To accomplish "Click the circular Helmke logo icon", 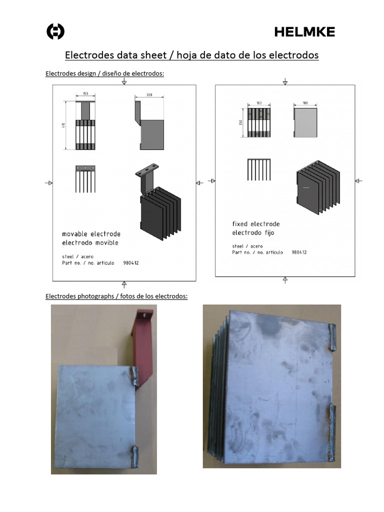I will (x=55, y=32).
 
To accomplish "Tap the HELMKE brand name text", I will (x=304, y=32).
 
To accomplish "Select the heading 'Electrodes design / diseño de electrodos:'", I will (x=104, y=74).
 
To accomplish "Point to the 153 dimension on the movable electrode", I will (x=85, y=93).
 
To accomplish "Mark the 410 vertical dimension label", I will (x=62, y=125).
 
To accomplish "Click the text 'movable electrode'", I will (x=91, y=234).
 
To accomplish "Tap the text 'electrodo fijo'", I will (x=253, y=233).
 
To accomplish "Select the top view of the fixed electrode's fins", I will (x=259, y=170).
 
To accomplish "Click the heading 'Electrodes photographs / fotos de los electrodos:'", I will (x=116, y=296).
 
